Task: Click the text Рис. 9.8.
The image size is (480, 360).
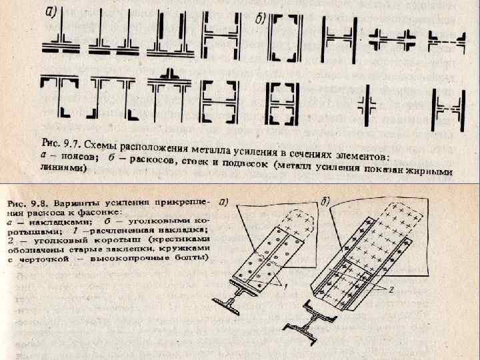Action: click(x=27, y=201)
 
